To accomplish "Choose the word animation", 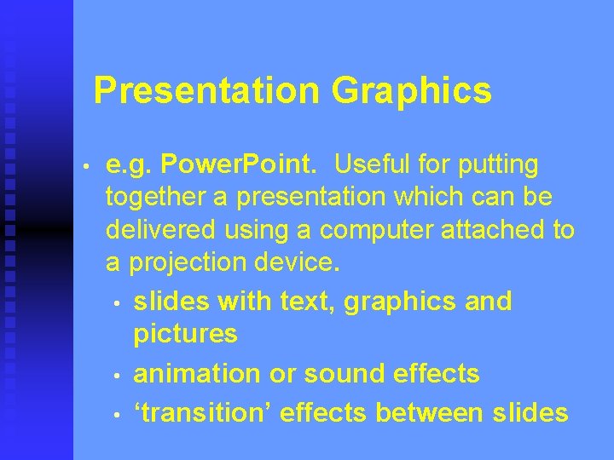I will (x=198, y=373).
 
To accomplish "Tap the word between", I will (x=431, y=413).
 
